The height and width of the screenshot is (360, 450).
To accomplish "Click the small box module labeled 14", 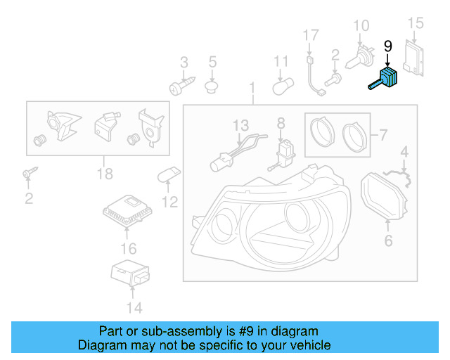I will [129, 274].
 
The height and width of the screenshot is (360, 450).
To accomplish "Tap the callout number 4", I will [404, 151].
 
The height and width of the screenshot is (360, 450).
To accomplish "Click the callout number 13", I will [240, 125].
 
